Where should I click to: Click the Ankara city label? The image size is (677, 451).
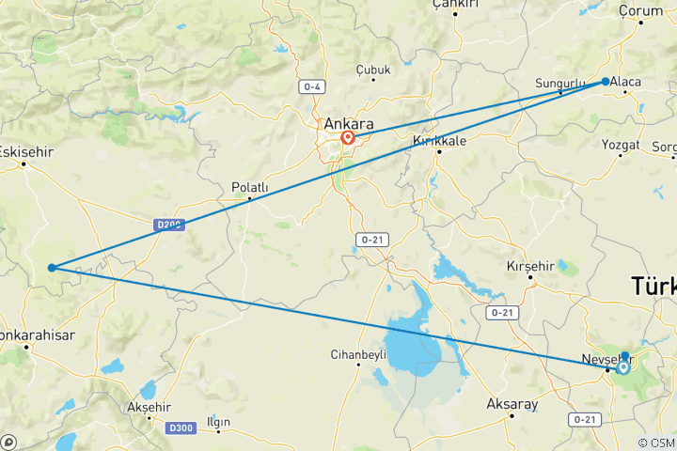[x=348, y=123]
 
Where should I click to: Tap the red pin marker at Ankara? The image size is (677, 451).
[x=348, y=138]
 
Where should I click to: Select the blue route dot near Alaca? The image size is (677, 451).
[x=606, y=82]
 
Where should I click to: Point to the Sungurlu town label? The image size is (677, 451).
[x=560, y=83]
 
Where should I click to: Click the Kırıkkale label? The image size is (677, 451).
[x=440, y=141]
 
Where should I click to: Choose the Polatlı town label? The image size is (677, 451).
[x=250, y=187]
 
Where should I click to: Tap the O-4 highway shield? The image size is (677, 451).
[x=312, y=87]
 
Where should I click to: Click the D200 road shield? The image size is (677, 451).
[x=169, y=225]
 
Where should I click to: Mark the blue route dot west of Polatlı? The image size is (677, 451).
[x=52, y=268]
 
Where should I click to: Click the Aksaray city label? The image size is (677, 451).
[x=512, y=404]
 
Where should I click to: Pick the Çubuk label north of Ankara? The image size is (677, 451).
[x=373, y=70]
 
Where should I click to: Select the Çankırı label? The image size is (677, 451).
[x=455, y=5]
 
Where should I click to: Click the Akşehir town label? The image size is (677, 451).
[x=150, y=407]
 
